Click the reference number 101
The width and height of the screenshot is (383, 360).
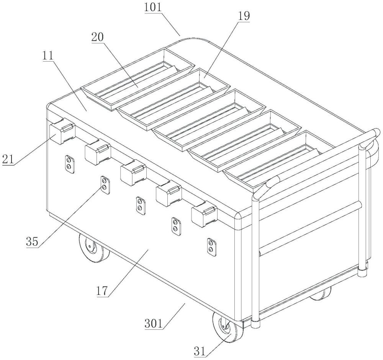coord(153,7)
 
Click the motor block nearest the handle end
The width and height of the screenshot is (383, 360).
coord(204,214)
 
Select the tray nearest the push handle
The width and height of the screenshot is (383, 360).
coord(272,161)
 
